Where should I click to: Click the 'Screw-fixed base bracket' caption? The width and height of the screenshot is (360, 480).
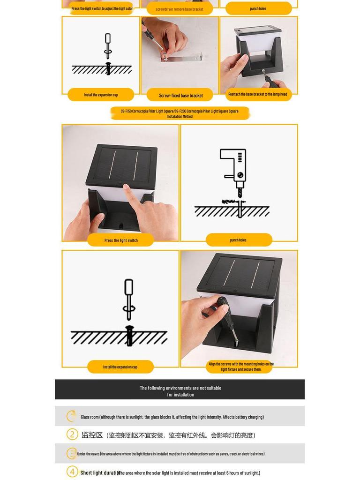coord(180,95)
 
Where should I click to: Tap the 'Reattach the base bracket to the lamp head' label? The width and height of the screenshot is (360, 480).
coord(257,94)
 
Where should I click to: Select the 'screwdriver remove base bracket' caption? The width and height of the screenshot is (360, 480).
coord(180,9)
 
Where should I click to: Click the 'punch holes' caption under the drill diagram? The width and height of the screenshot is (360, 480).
coord(238,240)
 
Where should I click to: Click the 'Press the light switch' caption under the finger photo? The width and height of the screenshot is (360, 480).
coord(121,240)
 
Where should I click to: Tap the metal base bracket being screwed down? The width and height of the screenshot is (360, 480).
coord(187,63)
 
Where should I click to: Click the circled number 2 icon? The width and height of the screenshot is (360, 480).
coord(72,435)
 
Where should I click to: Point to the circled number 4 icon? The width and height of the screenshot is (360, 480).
coord(72,472)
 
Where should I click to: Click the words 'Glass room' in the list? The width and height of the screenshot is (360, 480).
coord(90,417)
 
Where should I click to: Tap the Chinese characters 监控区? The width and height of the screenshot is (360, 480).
coord(92,435)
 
